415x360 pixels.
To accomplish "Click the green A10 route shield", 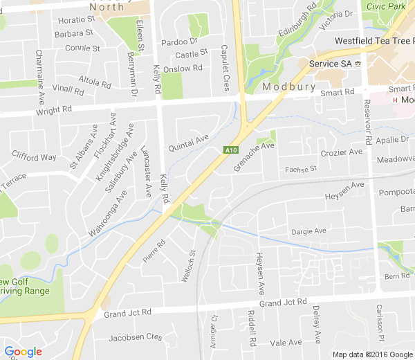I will click(231, 150).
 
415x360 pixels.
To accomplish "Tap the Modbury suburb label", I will click(289, 87).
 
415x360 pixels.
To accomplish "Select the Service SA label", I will click(331, 64).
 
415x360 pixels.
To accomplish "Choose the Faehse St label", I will click(300, 168).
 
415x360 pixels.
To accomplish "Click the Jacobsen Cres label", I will click(136, 337).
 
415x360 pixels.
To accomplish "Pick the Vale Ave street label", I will click(286, 342).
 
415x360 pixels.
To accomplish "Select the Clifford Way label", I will click(34, 157).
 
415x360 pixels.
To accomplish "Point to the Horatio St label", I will click(76, 20).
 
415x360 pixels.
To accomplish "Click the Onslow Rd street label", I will click(187, 68).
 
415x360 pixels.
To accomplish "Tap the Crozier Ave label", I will click(342, 152).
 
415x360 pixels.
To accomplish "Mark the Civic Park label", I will click(386, 6).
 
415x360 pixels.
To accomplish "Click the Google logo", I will click(23, 352).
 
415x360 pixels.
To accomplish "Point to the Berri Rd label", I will click(397, 276).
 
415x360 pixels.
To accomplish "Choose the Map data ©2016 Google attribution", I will click(371, 354).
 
